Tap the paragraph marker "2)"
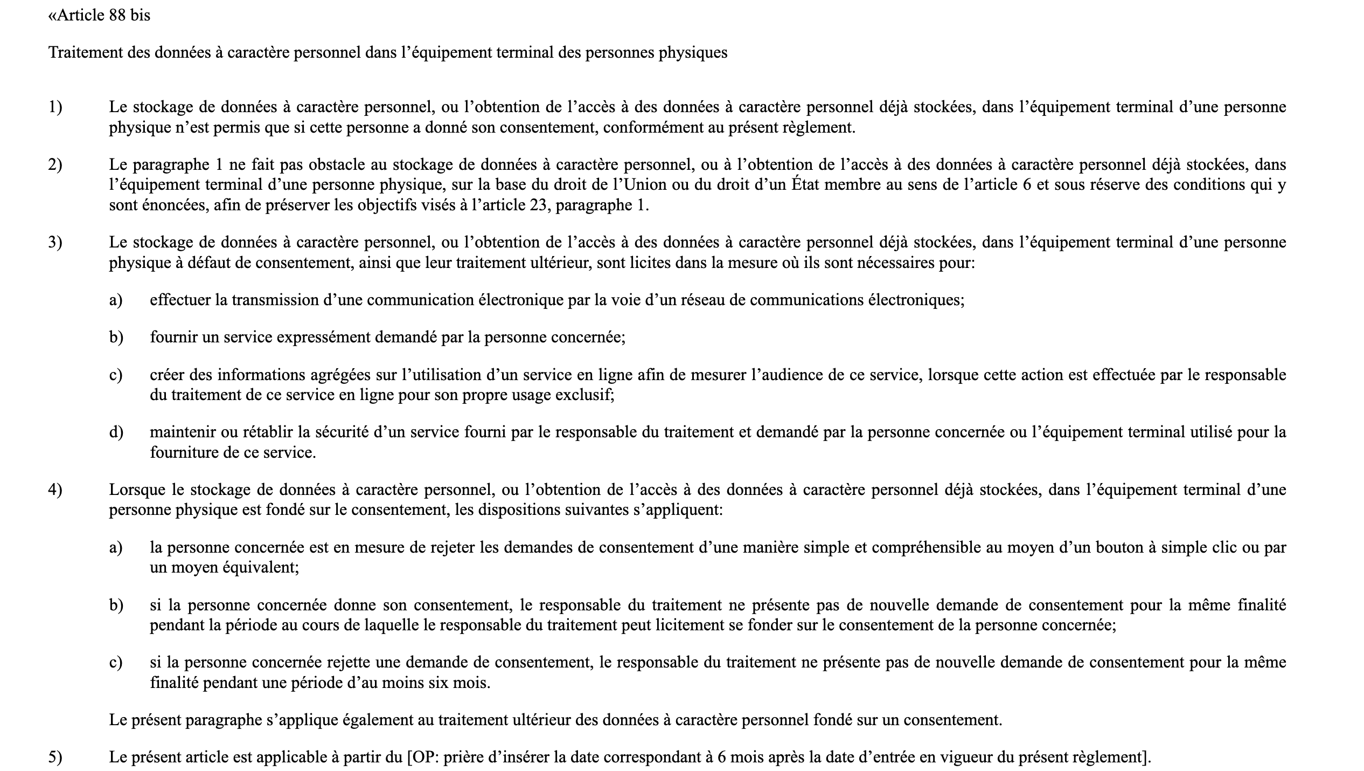coord(55,164)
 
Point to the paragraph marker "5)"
coord(55,757)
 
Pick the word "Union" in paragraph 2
coord(644,185)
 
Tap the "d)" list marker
coord(116,432)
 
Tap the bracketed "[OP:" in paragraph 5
coord(421,757)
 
